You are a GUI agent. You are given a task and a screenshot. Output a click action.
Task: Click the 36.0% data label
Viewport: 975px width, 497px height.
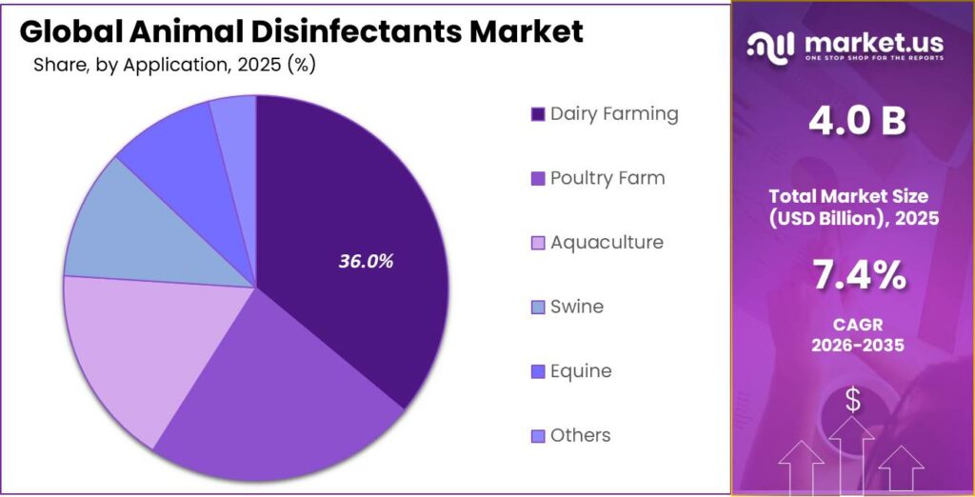coord(366,261)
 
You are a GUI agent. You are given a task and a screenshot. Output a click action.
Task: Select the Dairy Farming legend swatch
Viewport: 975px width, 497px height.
coord(537,115)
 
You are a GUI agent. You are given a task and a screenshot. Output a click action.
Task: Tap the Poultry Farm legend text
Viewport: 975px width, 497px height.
coord(607,178)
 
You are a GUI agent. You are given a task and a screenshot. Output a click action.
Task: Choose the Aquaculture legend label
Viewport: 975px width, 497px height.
coord(607,243)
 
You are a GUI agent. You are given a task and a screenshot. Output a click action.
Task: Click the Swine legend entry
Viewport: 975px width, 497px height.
coord(576,307)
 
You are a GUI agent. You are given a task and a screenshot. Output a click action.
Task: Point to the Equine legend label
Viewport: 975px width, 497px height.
coord(581,371)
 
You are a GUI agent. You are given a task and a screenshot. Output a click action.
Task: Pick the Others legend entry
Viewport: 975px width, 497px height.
coord(580,435)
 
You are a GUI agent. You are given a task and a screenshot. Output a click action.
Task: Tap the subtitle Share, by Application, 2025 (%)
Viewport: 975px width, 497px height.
coord(174,66)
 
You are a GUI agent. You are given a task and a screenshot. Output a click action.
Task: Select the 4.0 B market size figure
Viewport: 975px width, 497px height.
coord(852,121)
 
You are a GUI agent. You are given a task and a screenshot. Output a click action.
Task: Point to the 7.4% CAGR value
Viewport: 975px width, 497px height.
coord(853,275)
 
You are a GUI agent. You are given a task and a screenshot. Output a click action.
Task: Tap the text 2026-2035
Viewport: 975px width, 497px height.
coord(852,345)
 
